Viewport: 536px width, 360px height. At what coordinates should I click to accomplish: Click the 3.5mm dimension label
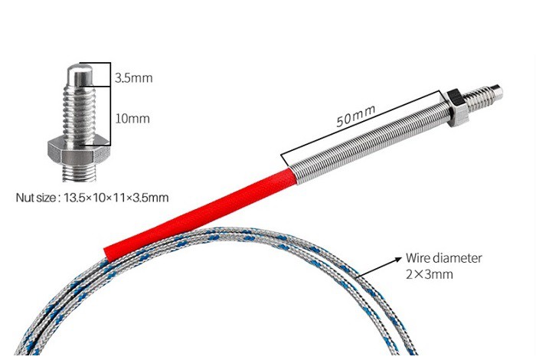pyautogui.click(x=132, y=77)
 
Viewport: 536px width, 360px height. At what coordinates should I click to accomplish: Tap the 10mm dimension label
pyautogui.click(x=131, y=119)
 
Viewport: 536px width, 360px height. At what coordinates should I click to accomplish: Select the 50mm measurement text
pyautogui.click(x=355, y=116)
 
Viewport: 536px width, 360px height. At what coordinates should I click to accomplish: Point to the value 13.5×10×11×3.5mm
pyautogui.click(x=115, y=197)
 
